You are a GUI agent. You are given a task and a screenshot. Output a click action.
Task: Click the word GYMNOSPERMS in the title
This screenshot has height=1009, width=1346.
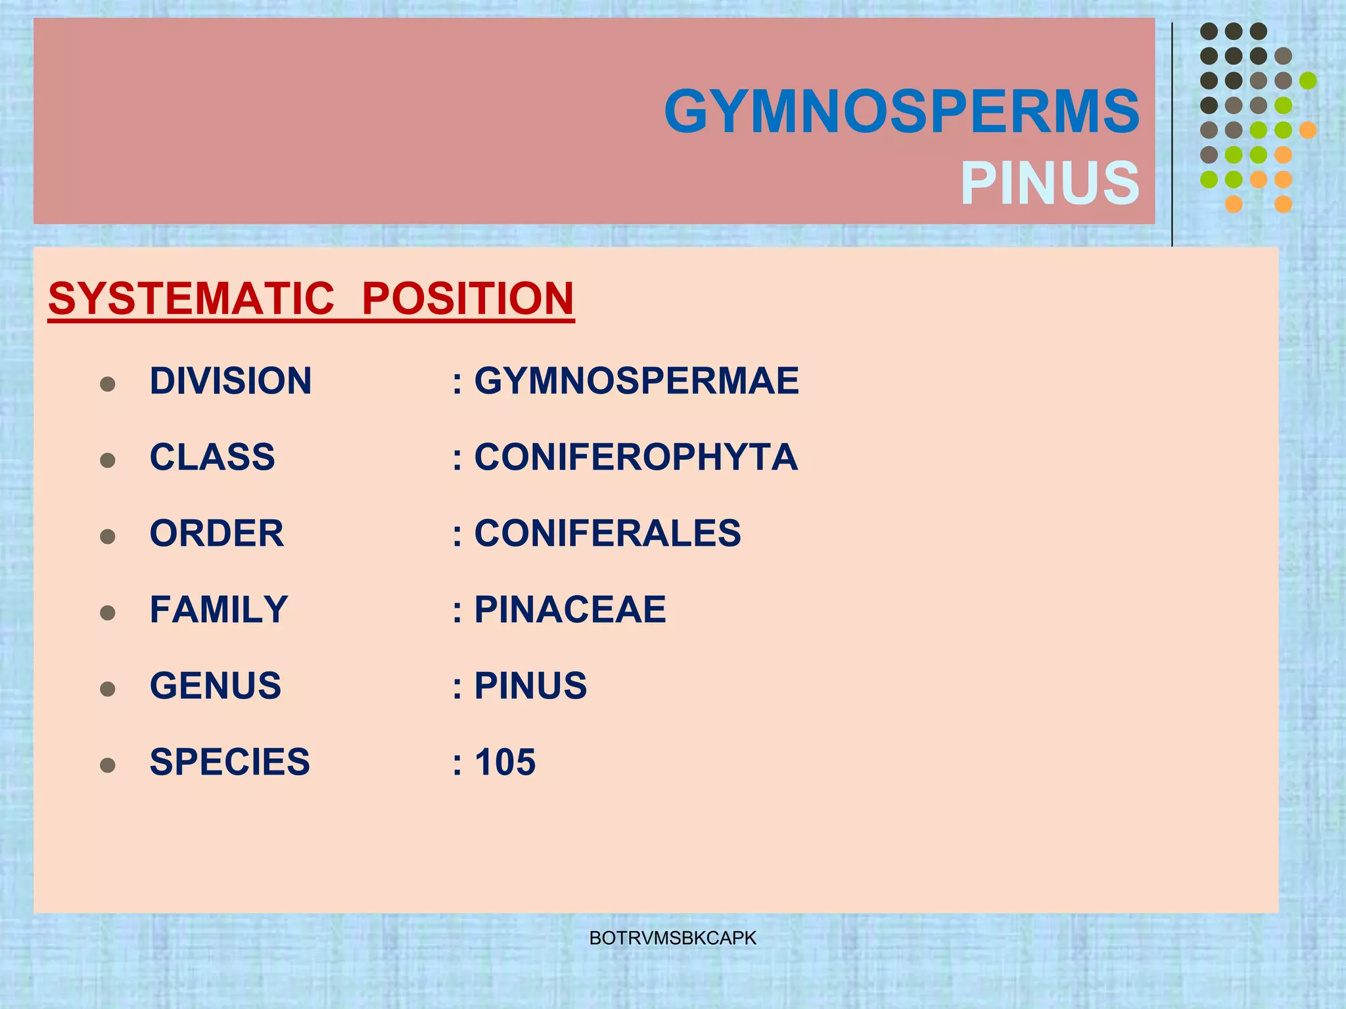click(x=902, y=112)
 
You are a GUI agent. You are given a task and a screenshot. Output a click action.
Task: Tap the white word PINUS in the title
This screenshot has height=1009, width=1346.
click(x=1050, y=183)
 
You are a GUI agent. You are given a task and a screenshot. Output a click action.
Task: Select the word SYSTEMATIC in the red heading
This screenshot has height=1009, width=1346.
click(x=191, y=299)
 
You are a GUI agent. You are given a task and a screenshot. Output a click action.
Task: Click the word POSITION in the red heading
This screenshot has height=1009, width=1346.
click(x=468, y=299)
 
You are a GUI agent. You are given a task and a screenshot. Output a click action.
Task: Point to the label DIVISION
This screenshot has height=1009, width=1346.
click(x=231, y=381)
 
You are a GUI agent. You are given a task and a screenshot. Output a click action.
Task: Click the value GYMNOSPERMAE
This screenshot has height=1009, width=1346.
click(x=636, y=381)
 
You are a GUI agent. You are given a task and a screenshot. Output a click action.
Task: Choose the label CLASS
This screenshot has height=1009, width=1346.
click(x=212, y=457)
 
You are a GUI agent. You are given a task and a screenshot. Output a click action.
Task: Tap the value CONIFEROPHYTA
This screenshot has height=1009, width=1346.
click(x=636, y=457)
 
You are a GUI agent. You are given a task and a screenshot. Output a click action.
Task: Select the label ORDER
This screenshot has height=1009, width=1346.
click(x=217, y=533)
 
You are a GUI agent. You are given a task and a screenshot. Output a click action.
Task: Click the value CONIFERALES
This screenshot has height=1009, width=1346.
click(x=607, y=533)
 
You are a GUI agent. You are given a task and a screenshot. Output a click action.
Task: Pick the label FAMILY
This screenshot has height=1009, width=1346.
click(x=219, y=610)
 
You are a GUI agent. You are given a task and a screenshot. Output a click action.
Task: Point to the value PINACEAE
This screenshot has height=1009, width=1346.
click(x=570, y=610)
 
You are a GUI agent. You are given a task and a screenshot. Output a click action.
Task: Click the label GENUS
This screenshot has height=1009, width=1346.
click(x=216, y=686)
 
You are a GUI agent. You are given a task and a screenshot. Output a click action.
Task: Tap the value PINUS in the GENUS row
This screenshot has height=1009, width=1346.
click(x=530, y=686)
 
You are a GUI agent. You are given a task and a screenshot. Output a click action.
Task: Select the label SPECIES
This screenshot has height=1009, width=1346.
click(x=229, y=762)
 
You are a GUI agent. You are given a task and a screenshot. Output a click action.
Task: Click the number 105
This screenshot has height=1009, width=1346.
click(x=505, y=762)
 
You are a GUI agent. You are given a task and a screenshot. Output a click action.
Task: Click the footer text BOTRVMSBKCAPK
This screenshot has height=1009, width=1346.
click(x=673, y=938)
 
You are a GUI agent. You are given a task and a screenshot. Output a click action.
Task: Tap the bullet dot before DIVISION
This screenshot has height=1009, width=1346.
click(x=108, y=384)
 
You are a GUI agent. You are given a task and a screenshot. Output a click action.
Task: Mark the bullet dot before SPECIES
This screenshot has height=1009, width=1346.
click(x=108, y=765)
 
